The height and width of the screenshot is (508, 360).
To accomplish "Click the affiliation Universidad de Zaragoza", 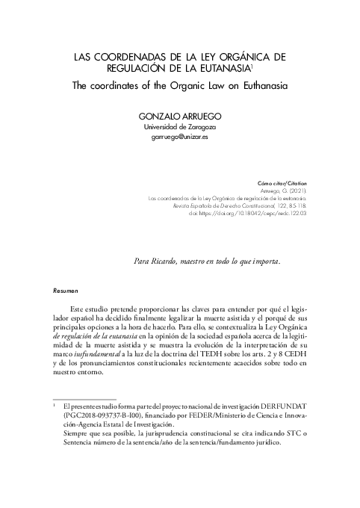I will tap(180, 128).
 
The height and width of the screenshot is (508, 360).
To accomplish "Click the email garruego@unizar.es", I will tap(180, 138).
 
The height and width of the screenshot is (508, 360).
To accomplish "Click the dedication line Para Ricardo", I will tap(207, 261).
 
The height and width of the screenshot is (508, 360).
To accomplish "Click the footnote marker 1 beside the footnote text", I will tap(54, 403).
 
